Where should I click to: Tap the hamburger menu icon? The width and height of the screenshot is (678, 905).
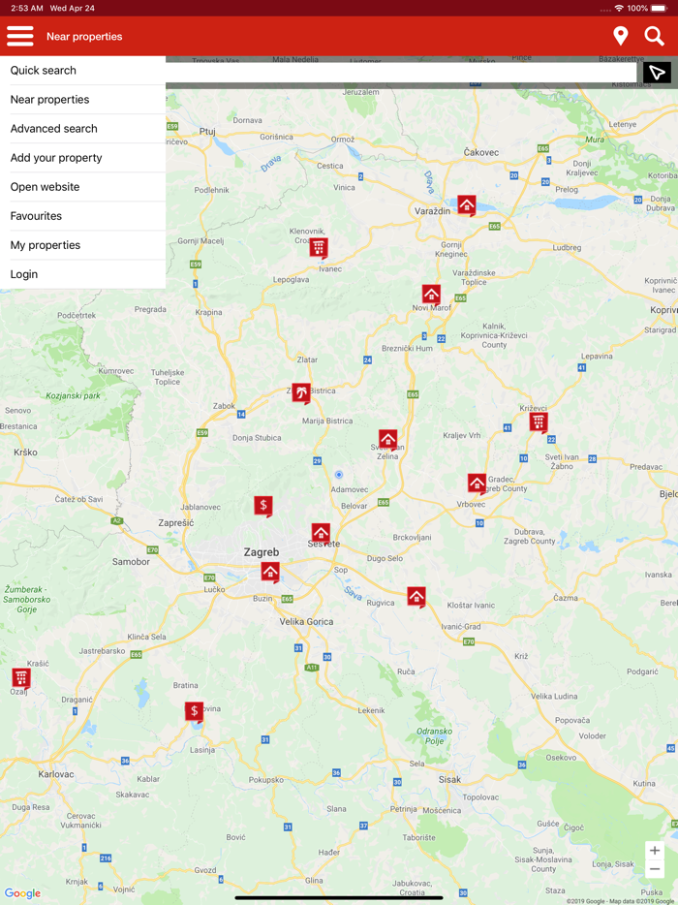20,37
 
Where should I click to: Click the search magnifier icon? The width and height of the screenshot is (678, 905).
655,37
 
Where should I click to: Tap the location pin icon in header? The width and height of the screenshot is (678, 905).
621,37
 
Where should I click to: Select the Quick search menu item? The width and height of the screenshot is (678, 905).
44,71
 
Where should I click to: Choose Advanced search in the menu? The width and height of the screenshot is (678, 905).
54,129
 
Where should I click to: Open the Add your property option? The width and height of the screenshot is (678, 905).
56,158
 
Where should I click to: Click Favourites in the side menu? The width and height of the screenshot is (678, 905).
36,216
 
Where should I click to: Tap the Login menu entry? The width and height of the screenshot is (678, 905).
24,274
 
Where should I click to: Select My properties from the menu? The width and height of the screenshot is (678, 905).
46,245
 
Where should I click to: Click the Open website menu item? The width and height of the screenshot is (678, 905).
46,187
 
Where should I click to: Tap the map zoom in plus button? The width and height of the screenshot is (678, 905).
656,851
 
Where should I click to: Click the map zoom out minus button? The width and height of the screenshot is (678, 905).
656,869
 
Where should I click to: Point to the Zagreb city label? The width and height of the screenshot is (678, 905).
262,552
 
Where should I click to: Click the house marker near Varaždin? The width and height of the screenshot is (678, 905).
467,205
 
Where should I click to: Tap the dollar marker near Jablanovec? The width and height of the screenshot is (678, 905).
263,506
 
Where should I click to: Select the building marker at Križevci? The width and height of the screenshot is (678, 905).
539,422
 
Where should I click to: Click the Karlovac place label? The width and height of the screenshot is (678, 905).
56,774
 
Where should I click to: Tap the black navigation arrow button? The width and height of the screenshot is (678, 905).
657,73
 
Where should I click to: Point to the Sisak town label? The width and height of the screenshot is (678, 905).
449,779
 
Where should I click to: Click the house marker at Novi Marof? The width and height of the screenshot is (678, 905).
431,294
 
